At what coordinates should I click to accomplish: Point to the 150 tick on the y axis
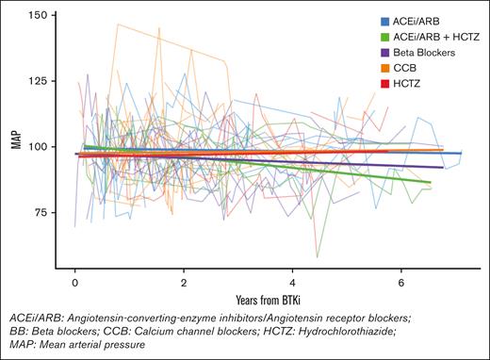(42, 16)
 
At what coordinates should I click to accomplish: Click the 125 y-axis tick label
(42, 81)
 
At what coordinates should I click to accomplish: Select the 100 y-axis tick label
(42, 147)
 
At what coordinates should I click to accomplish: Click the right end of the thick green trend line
(431, 182)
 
